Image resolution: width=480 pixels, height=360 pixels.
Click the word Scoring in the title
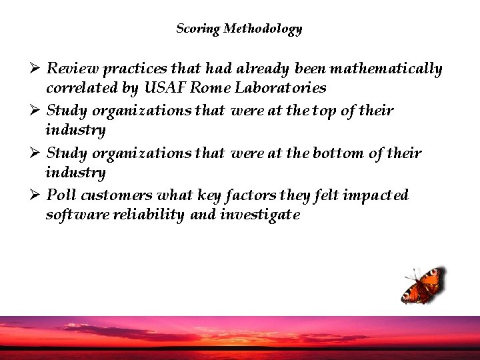click(198, 29)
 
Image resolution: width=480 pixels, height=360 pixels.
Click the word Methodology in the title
click(263, 29)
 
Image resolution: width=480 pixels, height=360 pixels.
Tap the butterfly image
click(423, 285)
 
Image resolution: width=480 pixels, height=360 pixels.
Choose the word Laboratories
click(283, 88)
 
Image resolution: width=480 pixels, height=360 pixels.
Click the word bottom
click(337, 154)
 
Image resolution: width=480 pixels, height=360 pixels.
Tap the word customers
click(115, 195)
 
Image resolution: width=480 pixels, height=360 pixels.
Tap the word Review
click(71, 69)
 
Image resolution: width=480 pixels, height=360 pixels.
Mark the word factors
click(236, 195)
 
